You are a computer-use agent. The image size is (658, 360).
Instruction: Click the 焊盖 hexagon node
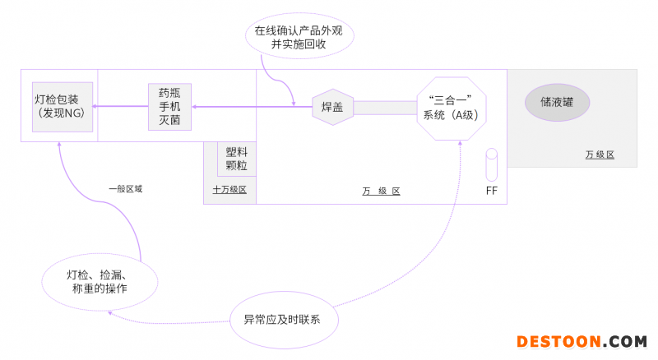pos(332,107)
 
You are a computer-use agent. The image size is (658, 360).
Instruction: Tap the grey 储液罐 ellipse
pos(558,102)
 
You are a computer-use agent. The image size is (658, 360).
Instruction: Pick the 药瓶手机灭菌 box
pos(169,106)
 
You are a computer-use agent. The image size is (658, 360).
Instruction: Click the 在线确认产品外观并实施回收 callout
pos(299,37)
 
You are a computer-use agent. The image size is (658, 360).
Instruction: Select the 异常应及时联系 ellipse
pos(287,317)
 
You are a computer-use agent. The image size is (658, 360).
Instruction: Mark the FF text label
pos(492,192)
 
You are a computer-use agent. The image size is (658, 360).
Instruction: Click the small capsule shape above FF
pos(492,165)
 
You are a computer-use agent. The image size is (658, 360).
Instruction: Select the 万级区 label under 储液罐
pos(600,155)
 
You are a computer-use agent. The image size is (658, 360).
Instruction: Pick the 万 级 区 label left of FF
pos(381,192)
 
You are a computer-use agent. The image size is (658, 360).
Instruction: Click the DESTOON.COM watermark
pos(581,341)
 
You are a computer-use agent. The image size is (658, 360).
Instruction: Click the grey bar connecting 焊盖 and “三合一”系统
pos(385,108)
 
